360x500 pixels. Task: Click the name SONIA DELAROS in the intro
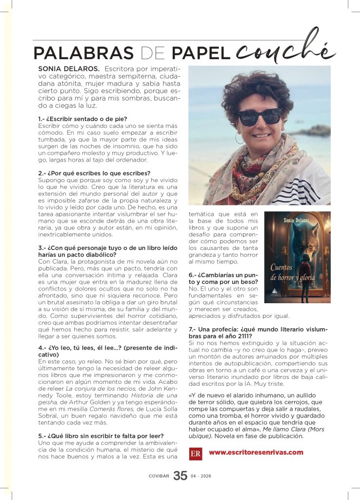point(69,69)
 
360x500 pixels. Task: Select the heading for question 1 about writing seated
point(82,119)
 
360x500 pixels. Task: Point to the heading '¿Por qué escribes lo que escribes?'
point(94,173)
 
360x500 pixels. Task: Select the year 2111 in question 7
point(242,336)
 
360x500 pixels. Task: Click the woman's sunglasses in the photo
point(260,117)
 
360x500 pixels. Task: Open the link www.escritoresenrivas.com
point(256,452)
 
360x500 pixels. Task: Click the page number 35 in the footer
point(180,476)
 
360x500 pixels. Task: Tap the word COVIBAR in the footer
point(159,476)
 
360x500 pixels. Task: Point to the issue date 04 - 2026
point(201,476)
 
